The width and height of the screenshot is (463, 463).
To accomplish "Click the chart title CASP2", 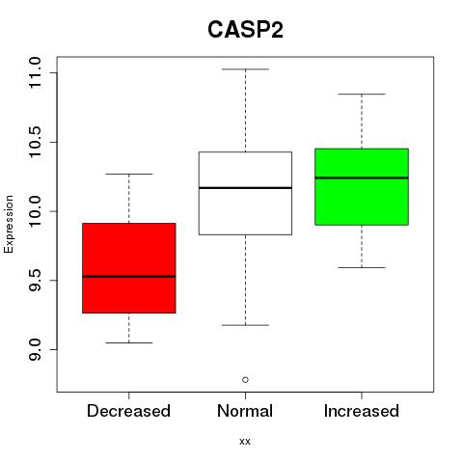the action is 245,30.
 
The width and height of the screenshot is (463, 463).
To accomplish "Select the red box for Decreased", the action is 129,268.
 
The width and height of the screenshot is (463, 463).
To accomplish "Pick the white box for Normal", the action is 245,193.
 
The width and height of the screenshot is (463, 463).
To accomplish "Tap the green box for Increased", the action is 362,186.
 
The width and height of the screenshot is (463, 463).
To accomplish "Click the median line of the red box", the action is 129,276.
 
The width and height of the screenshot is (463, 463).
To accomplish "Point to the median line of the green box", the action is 362,177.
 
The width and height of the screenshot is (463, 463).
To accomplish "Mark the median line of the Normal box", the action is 245,187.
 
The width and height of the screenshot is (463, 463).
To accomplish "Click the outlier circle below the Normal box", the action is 245,380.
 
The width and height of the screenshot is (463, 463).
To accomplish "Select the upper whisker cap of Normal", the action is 245,69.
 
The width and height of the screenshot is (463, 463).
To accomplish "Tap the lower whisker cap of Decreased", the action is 129,342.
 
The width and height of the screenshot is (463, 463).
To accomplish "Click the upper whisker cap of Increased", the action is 362,95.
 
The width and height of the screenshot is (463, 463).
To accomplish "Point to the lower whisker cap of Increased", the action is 362,267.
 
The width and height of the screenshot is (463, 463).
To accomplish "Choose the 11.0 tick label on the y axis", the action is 35,73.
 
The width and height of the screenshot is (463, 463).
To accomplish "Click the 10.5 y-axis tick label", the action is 35,142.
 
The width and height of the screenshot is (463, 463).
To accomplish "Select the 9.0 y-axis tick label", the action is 35,349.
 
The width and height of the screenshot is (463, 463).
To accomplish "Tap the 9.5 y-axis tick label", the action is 35,281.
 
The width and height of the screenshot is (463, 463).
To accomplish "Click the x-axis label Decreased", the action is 128,411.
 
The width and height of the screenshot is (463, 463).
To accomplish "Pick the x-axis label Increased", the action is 362,411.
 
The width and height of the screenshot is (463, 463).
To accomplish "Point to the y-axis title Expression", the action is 9,224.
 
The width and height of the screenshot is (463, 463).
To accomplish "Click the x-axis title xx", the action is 245,442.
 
